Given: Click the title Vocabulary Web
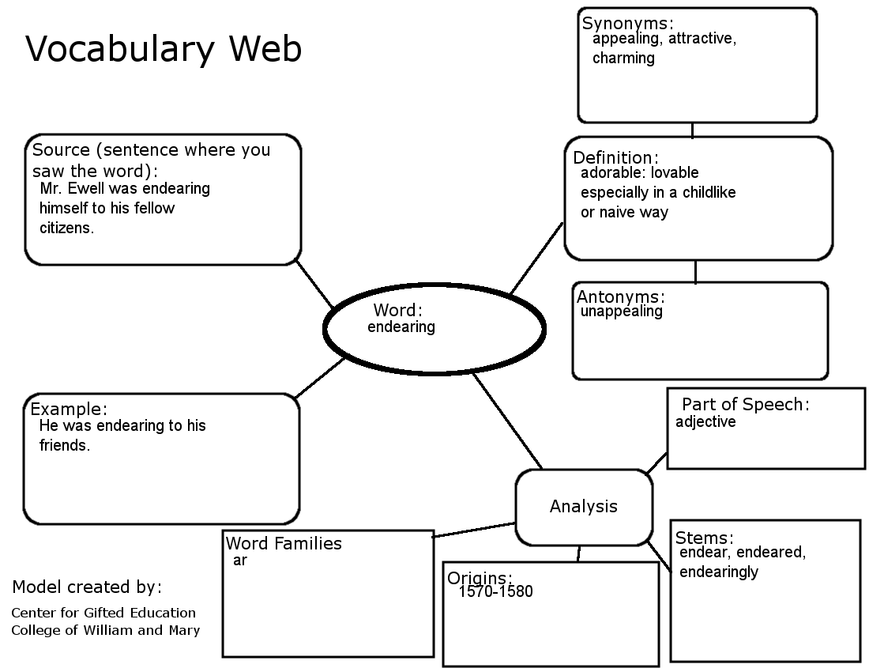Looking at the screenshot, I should click(x=164, y=49).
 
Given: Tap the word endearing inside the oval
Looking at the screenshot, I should click(x=401, y=327).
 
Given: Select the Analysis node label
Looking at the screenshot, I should click(x=584, y=507).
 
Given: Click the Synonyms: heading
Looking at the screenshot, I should click(x=627, y=24).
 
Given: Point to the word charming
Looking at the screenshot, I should click(x=623, y=58).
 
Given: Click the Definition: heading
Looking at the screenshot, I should click(x=615, y=157).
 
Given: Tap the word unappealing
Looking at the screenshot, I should click(x=622, y=311).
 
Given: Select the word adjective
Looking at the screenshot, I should click(x=705, y=421).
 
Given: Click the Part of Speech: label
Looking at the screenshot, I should click(x=746, y=404).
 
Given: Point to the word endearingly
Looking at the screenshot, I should click(x=718, y=571).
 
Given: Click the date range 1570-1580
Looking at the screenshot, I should click(x=495, y=591).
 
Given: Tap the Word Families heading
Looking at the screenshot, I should click(x=284, y=543).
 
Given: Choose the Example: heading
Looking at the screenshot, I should click(x=69, y=410).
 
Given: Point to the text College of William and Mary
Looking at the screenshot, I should click(x=105, y=630).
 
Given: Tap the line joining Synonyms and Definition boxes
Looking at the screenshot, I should click(x=693, y=130).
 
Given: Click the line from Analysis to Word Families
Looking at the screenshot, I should click(x=474, y=530).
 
